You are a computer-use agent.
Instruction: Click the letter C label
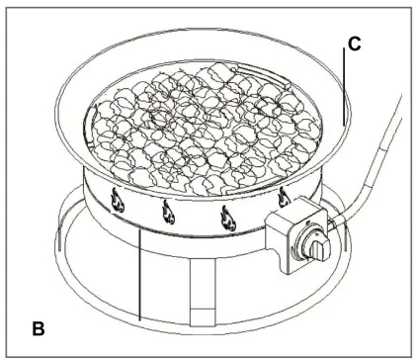355,45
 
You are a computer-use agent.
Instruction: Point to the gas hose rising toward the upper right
380,148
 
